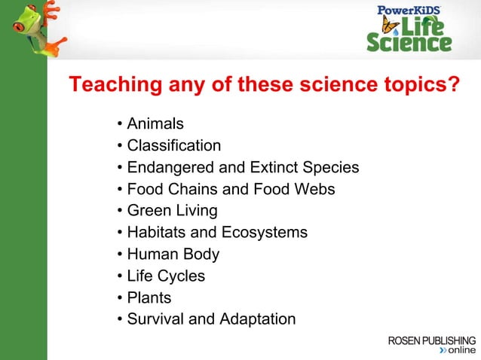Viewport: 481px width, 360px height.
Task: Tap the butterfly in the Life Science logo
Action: coord(390,26)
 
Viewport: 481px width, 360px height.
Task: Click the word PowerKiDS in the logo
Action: coord(409,10)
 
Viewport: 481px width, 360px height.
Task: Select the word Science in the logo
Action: coord(409,43)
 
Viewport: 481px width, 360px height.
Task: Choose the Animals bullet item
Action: coord(155,124)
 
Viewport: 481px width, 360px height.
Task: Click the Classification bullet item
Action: coord(173,145)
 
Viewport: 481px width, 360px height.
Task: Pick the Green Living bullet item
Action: coord(172,211)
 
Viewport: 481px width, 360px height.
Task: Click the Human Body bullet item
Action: coord(173,255)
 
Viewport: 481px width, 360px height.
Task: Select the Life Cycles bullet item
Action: coord(166,276)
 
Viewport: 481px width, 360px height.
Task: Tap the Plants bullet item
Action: coord(149,298)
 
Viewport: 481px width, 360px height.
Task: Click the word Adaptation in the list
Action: coord(257,319)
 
